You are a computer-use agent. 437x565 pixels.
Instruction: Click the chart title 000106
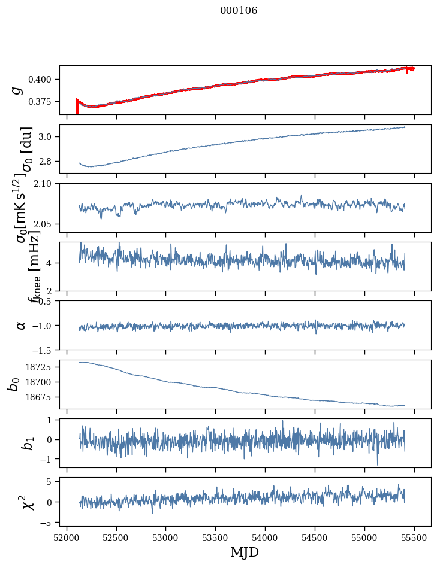click(x=239, y=11)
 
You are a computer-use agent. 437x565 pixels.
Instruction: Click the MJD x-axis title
click(x=245, y=552)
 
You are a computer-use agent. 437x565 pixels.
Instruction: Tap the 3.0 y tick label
click(x=49, y=137)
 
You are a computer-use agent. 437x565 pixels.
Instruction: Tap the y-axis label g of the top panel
click(x=17, y=90)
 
